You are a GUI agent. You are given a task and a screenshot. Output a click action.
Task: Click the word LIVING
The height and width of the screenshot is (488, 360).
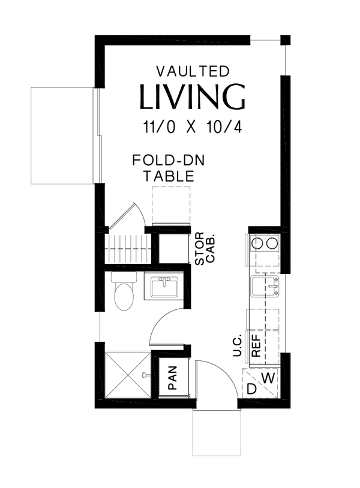[192, 98]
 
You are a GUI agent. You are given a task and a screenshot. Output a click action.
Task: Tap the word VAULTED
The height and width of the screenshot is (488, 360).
[192, 71]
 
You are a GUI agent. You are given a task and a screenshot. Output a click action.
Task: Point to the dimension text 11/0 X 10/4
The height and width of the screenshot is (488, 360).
[192, 127]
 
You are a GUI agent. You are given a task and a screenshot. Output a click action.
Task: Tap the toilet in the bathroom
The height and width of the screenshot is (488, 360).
[124, 292]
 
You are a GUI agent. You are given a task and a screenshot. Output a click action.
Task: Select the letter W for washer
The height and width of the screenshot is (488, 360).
[269, 378]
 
